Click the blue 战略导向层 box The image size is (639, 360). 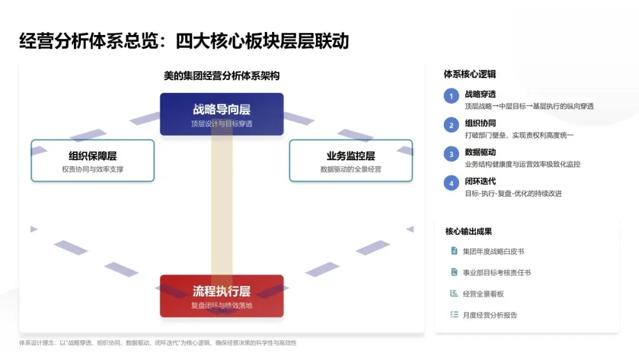click(221, 114)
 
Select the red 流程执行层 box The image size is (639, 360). click(221, 295)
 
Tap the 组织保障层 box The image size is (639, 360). click(92, 160)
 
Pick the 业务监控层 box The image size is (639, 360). click(350, 160)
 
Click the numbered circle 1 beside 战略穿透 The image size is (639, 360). click(451, 96)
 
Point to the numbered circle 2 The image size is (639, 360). click(451, 125)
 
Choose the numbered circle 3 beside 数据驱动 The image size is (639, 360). click(451, 154)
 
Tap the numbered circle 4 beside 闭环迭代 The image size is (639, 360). click(451, 183)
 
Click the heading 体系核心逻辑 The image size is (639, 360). click(470, 74)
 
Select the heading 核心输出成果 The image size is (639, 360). click(469, 232)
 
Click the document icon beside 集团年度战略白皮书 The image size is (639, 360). click(454, 251)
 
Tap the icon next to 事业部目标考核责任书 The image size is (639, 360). click(454, 272)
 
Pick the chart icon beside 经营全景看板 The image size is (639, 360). click(454, 294)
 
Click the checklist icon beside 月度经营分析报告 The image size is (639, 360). click(454, 315)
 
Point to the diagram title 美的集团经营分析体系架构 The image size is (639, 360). click(221, 76)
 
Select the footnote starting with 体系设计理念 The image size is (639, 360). click(157, 343)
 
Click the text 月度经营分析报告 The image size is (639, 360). click(490, 315)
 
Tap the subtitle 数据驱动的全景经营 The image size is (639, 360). click(350, 169)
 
